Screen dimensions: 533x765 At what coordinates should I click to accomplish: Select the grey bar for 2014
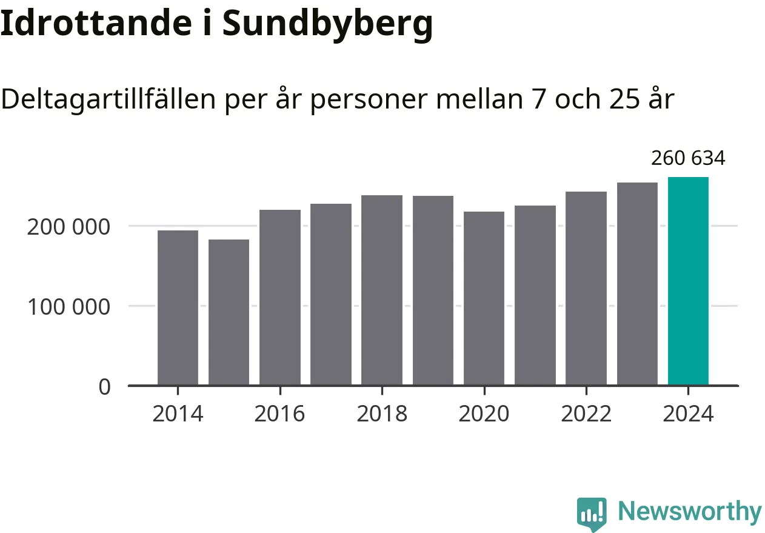[x=178, y=307]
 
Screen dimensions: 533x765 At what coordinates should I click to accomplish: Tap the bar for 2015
[x=229, y=312]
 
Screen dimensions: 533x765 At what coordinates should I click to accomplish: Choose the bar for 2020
[x=484, y=298]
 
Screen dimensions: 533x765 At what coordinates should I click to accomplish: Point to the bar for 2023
[x=637, y=284]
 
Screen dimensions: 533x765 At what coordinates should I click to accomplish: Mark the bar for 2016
[x=280, y=297]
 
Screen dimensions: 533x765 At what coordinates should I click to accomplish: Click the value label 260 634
[x=688, y=158]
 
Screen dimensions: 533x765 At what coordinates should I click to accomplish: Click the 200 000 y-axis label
[x=68, y=227]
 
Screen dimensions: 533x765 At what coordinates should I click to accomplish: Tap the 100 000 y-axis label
[x=68, y=307]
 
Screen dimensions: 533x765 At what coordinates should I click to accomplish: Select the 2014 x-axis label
[x=178, y=414]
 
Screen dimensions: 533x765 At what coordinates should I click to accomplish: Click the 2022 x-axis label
[x=586, y=414]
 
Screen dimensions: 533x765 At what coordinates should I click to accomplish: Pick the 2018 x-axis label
[x=382, y=414]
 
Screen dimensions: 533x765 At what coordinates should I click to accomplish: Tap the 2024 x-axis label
[x=688, y=414]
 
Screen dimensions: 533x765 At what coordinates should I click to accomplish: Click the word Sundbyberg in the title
[x=327, y=24]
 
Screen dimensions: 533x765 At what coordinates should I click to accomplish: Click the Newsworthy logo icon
[x=592, y=514]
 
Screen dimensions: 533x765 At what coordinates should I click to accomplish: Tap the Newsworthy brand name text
[x=689, y=512]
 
